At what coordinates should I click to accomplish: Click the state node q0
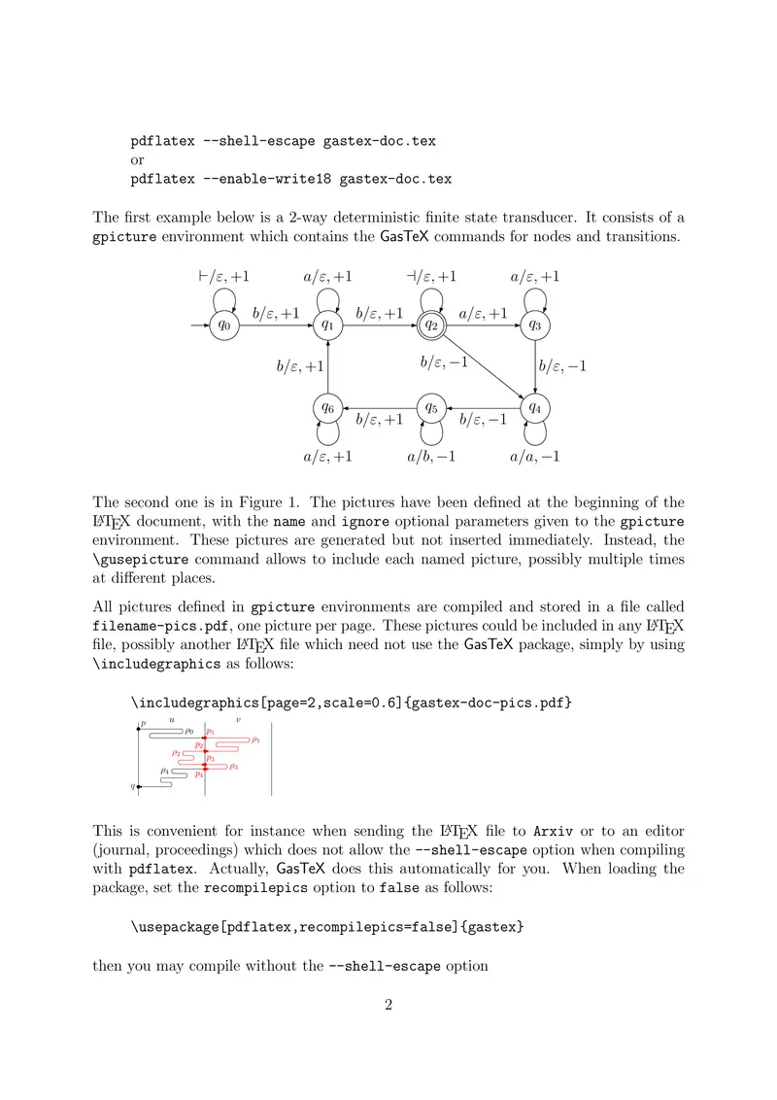point(224,327)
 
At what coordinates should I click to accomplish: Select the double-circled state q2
point(430,327)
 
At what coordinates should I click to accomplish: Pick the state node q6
point(327,408)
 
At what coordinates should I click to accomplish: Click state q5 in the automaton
point(430,408)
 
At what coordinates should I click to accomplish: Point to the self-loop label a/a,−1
point(535,456)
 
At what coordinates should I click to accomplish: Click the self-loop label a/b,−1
point(431,456)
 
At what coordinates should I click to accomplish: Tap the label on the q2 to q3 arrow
point(483,313)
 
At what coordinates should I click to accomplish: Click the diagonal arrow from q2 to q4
point(482,367)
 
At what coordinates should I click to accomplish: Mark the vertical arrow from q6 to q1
point(327,367)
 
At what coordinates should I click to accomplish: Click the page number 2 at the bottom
point(388,1005)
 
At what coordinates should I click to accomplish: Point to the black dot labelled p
point(139,729)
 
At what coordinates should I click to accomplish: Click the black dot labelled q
point(139,785)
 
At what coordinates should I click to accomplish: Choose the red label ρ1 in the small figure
point(254,740)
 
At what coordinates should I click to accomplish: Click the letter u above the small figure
point(172,720)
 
